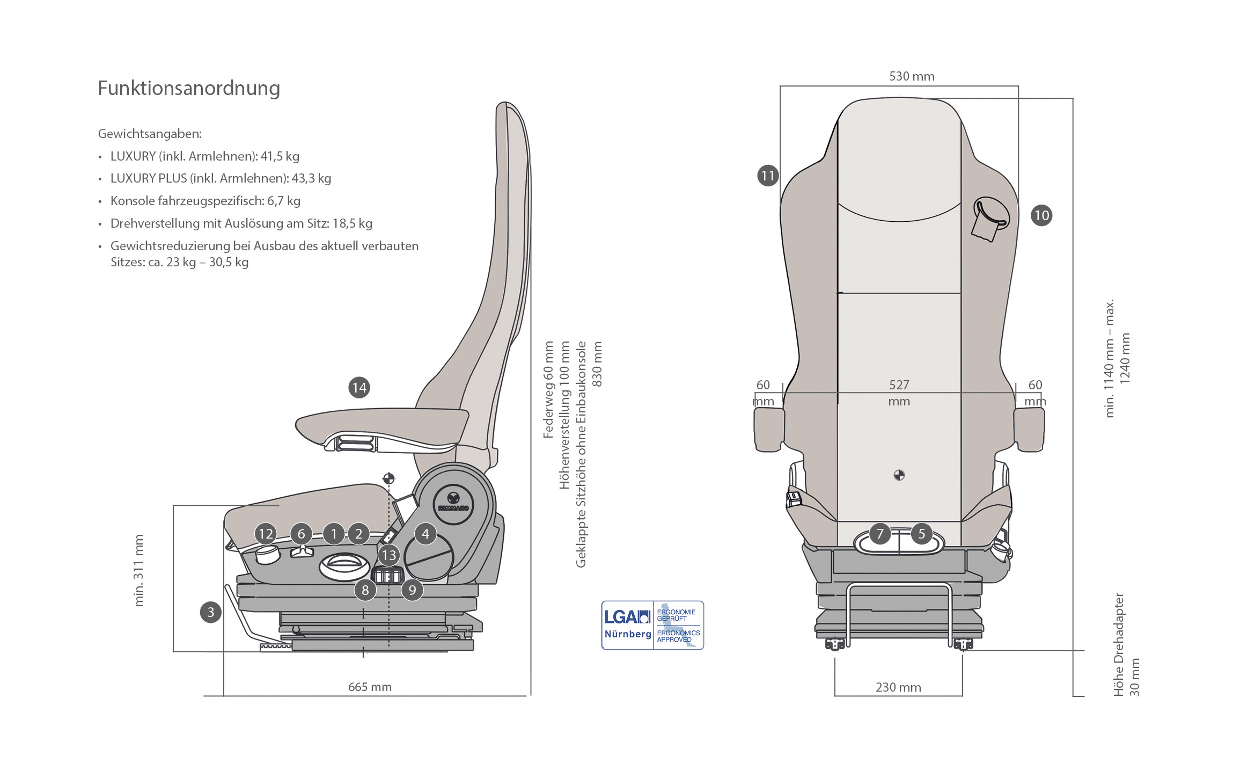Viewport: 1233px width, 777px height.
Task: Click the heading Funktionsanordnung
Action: (x=189, y=88)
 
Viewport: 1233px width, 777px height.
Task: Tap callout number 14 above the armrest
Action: (x=359, y=388)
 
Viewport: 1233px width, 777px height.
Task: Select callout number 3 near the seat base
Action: (x=211, y=612)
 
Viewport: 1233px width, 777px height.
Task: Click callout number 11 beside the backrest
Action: (x=768, y=176)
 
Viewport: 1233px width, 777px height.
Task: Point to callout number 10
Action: (x=1041, y=216)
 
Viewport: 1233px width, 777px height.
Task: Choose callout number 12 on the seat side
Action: (x=266, y=534)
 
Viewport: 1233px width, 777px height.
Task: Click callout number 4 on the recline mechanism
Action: (x=425, y=534)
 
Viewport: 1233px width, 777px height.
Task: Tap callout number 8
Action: (x=365, y=590)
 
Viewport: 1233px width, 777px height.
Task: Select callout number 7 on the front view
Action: (x=880, y=534)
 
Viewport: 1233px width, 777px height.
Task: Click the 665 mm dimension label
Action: (x=370, y=687)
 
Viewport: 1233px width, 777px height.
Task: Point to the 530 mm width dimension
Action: (x=912, y=76)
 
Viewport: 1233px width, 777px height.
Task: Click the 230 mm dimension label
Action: (x=898, y=687)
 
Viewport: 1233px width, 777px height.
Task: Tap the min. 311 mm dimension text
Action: (x=139, y=571)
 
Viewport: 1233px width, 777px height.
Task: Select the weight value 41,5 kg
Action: (x=280, y=156)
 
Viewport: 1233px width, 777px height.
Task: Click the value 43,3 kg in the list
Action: (x=311, y=178)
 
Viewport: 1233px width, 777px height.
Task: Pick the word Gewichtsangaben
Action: (x=150, y=134)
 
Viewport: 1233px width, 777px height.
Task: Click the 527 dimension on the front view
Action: (x=899, y=385)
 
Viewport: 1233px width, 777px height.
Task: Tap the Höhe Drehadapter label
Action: (x=1118, y=644)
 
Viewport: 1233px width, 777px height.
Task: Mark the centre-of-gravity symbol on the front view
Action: (x=899, y=475)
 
